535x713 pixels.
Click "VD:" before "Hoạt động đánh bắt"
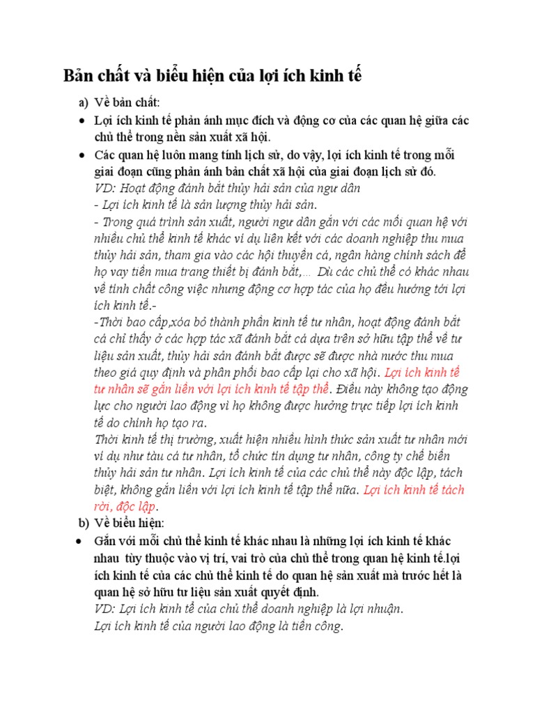tap(105, 188)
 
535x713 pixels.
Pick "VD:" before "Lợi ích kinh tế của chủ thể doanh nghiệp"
tap(105, 609)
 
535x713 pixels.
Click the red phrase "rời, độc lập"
tap(125, 506)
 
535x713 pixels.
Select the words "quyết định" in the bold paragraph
tap(292, 592)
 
